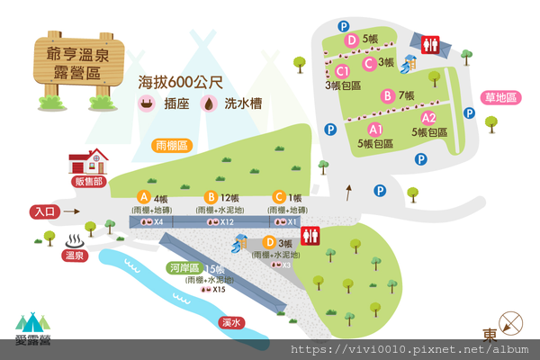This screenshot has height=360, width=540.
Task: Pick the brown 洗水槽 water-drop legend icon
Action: coord(209,103)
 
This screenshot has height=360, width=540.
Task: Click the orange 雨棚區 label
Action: coord(170,145)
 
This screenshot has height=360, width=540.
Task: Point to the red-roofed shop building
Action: coord(88,163)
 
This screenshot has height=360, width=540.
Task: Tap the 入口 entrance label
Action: coord(44,212)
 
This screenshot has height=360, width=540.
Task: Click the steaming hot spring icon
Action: coord(75,241)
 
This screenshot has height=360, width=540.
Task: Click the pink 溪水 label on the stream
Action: coord(231,321)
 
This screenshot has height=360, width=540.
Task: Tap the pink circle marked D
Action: coord(352,40)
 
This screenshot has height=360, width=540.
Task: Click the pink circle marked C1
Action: coord(342,71)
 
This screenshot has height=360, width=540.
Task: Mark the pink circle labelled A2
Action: coord(429,118)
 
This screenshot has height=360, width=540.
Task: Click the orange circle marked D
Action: coord(268,242)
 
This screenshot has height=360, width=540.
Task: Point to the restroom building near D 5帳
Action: coord(429,43)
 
